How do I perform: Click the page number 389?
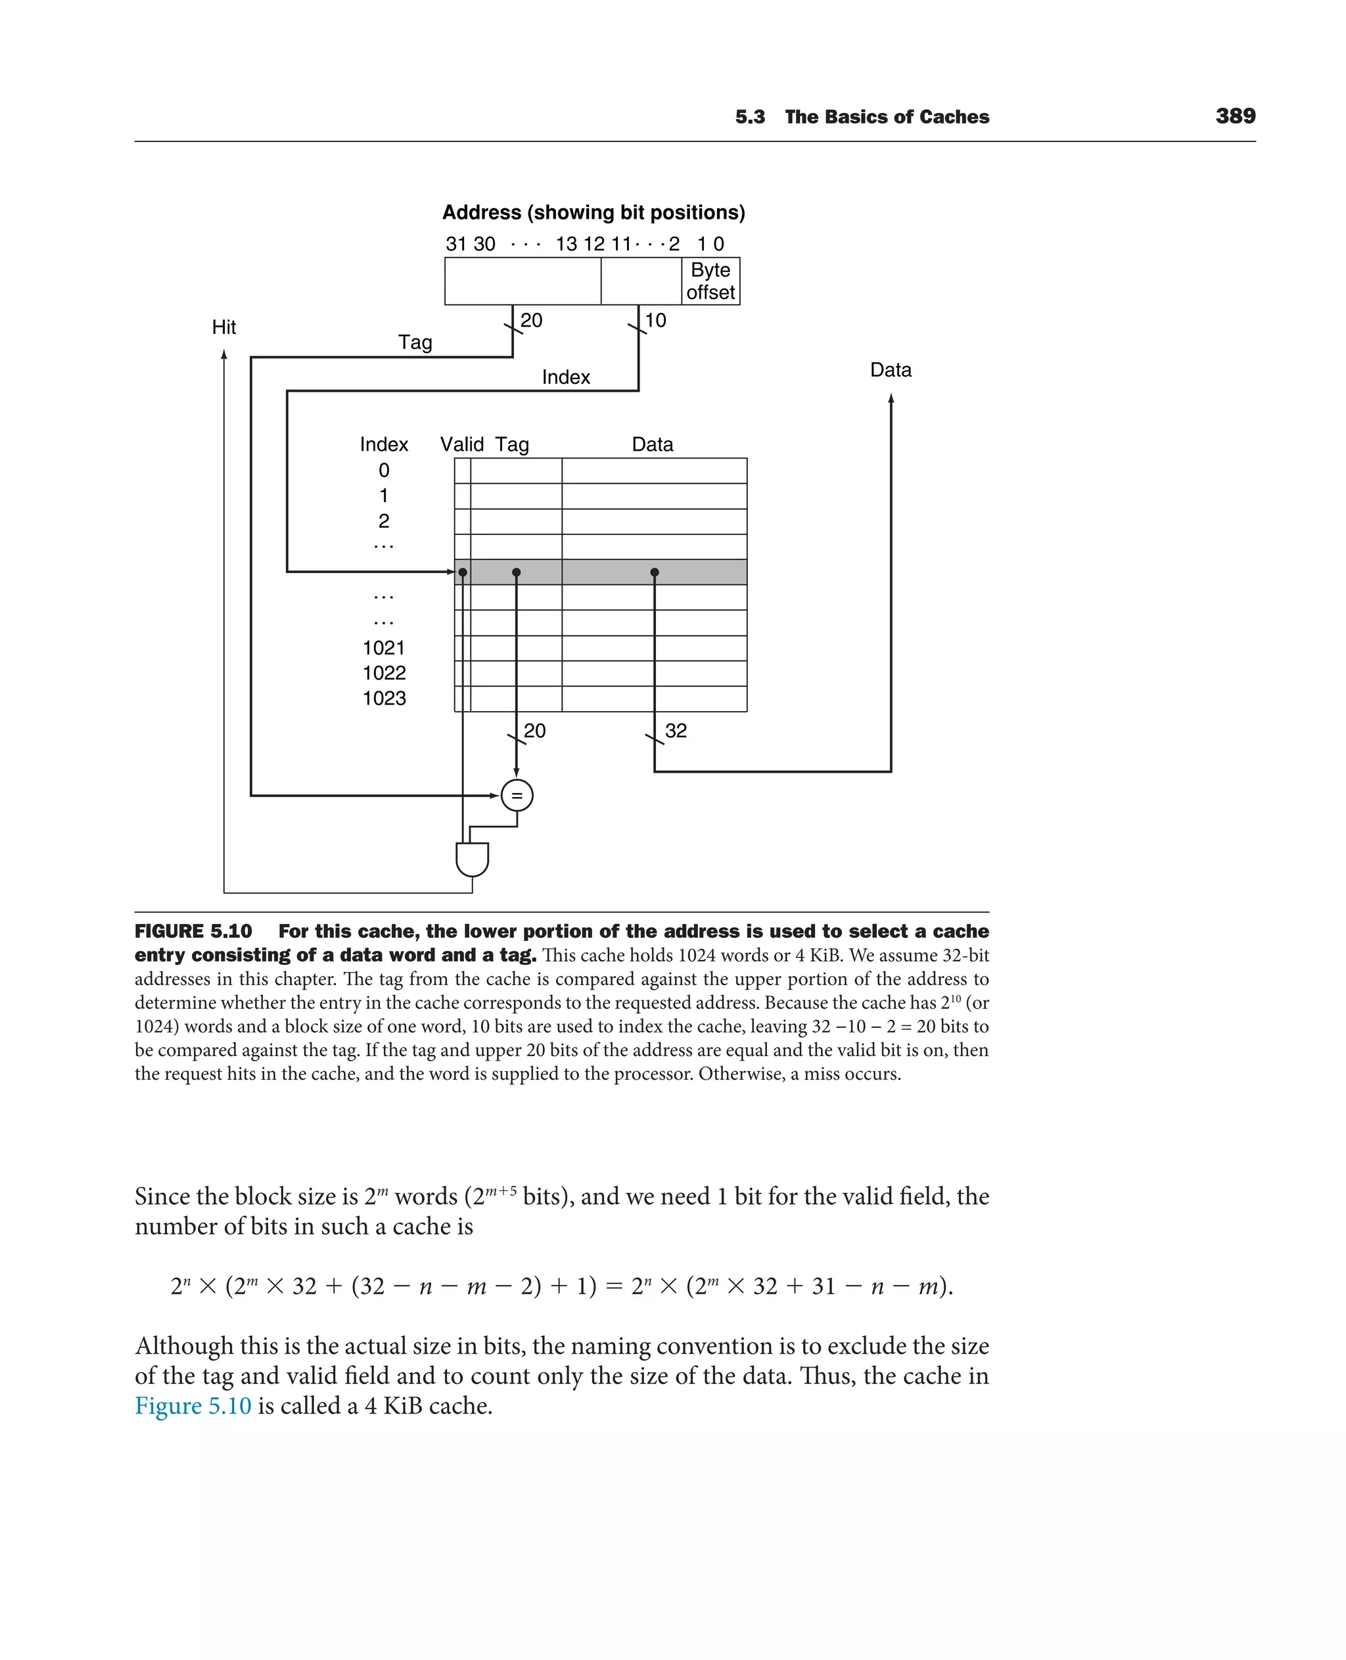[x=1235, y=116]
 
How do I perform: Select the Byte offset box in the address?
[x=710, y=281]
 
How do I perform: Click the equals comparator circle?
[x=517, y=795]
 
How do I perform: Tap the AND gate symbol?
[x=472, y=859]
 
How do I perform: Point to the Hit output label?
[x=224, y=327]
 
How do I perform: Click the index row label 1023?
[x=384, y=699]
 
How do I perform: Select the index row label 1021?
[x=384, y=647]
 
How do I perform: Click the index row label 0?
[x=384, y=471]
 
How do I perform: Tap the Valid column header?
[x=461, y=444]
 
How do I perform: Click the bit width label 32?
[x=676, y=730]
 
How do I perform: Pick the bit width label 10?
[x=655, y=320]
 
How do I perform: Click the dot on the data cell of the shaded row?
[x=655, y=572]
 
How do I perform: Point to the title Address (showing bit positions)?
[x=593, y=212]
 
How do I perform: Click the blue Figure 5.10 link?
[x=193, y=1406]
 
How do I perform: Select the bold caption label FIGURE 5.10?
[x=193, y=931]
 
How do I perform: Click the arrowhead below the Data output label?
[x=891, y=398]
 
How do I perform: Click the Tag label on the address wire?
[x=415, y=342]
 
